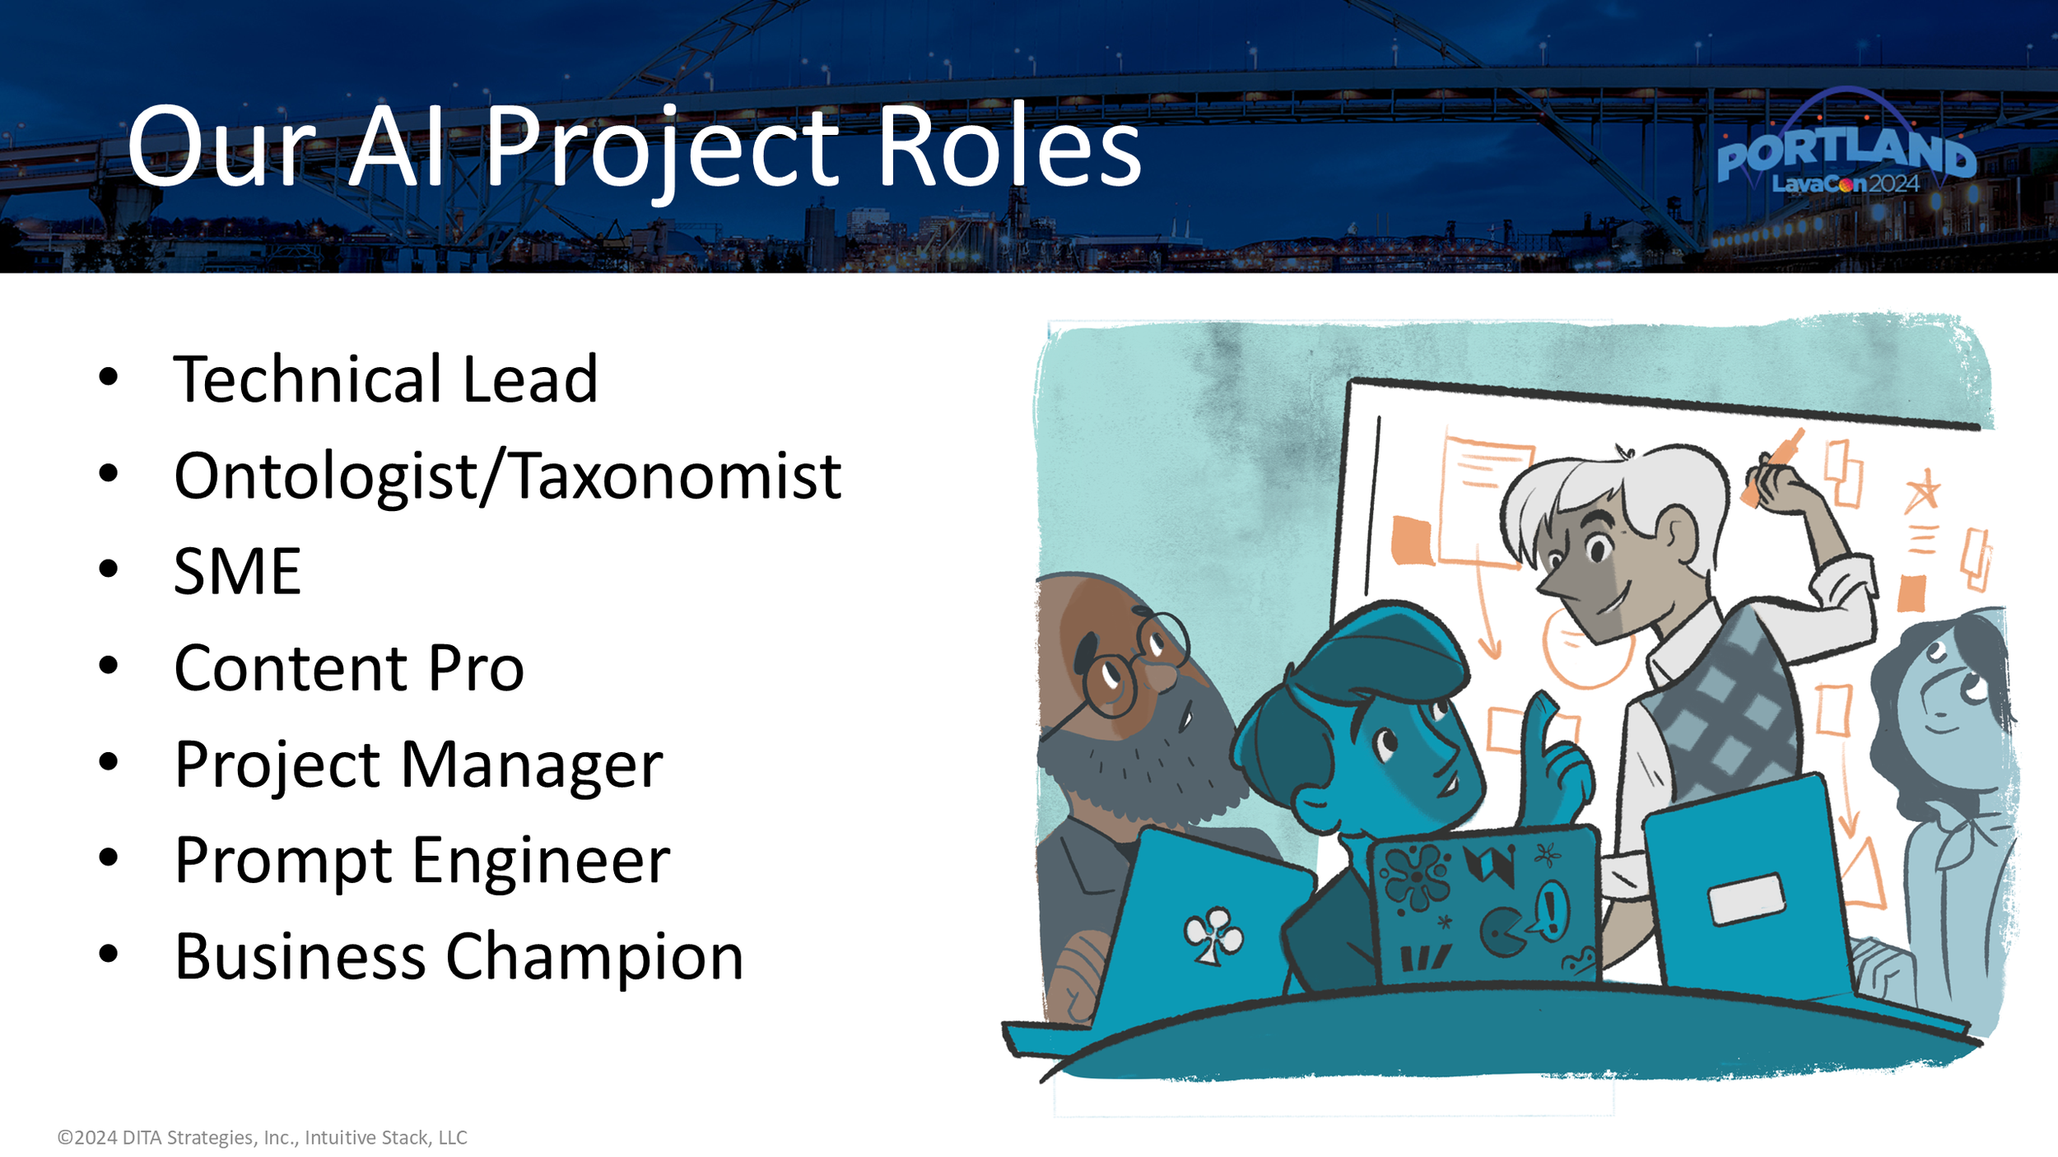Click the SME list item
(237, 571)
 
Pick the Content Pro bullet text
(348, 667)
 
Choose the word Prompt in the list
(283, 861)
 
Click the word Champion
(594, 956)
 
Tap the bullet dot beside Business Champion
(109, 954)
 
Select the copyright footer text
(262, 1137)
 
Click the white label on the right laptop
(1745, 899)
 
